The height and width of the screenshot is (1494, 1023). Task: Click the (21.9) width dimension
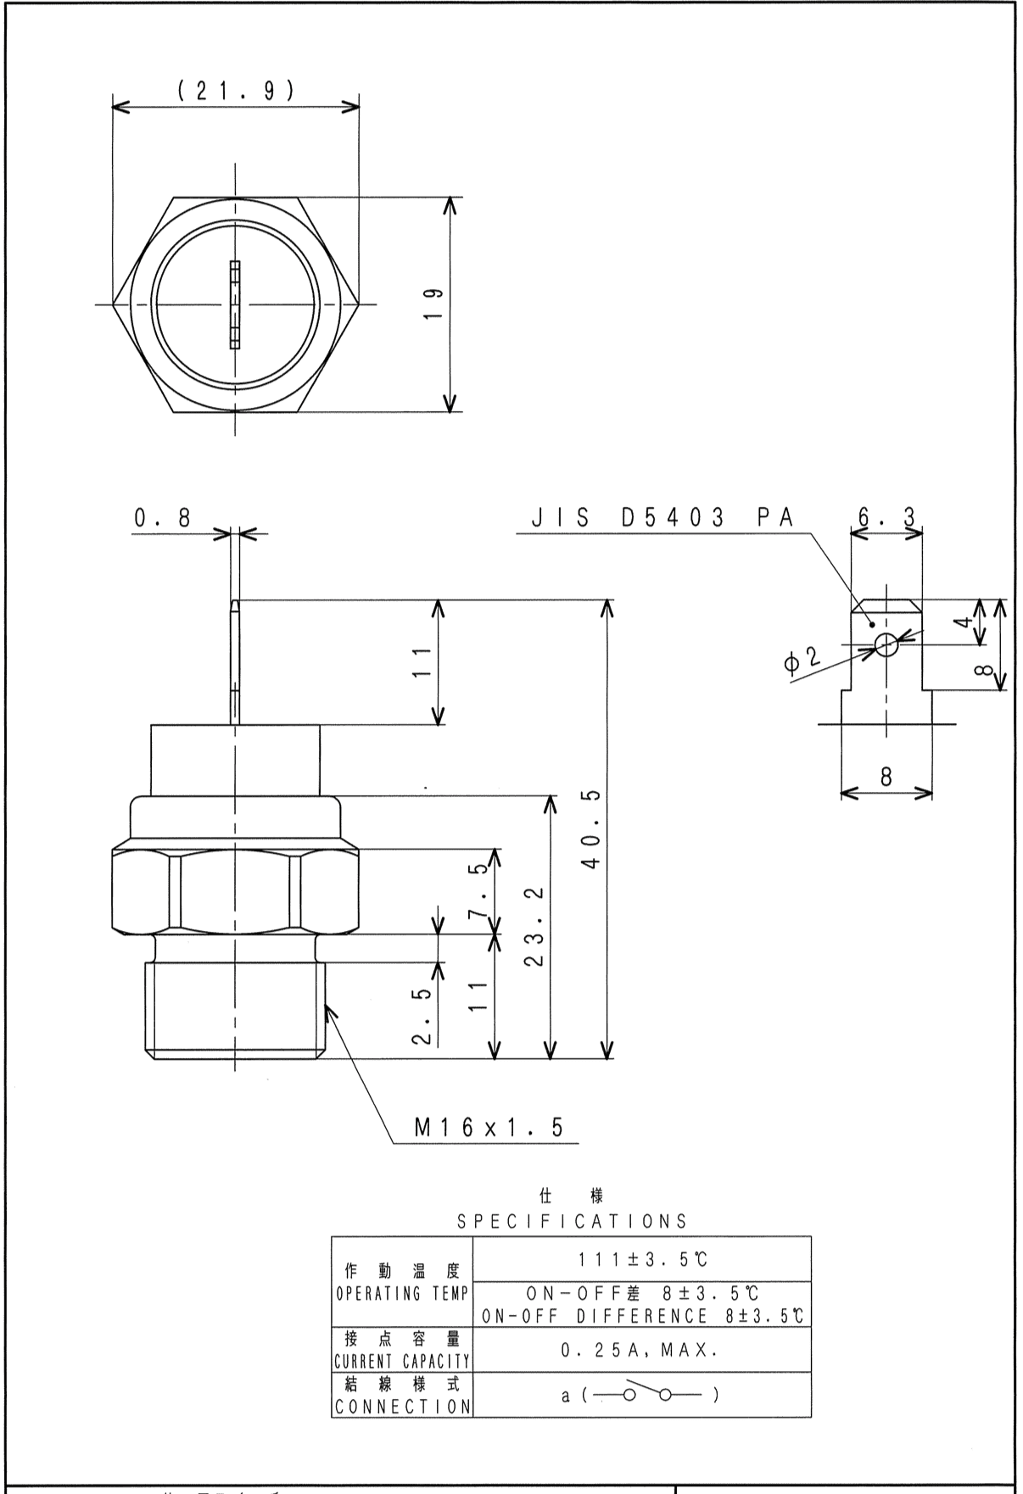tap(236, 91)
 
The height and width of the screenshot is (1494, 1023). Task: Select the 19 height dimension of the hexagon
tap(432, 304)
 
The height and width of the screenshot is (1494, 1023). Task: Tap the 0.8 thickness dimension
tap(161, 518)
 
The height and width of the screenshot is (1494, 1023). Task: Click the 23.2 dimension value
tap(534, 927)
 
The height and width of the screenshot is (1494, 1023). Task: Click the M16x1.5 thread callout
tap(488, 1127)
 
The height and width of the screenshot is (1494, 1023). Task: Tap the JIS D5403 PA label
tap(662, 518)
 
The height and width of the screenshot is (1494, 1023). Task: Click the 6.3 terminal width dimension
tap(886, 516)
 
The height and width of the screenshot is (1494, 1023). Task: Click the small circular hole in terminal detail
tap(886, 645)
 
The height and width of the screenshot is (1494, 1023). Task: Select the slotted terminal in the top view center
tap(235, 304)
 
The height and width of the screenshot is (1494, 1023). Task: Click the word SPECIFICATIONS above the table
tap(572, 1222)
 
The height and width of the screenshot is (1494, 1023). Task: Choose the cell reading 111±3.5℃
tap(641, 1259)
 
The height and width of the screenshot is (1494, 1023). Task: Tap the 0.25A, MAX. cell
tap(641, 1351)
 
